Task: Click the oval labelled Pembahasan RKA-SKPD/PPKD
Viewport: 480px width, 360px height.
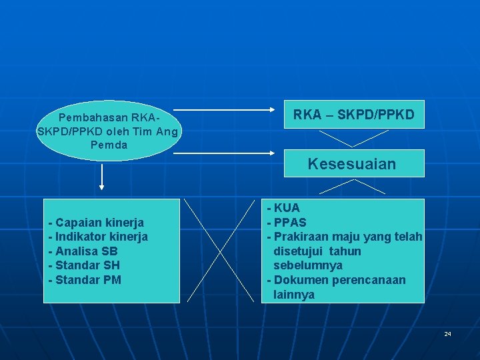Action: click(x=107, y=131)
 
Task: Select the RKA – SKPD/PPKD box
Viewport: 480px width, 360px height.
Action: click(x=353, y=115)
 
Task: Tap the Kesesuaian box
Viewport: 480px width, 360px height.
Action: click(x=353, y=163)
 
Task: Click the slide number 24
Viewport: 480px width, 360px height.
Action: click(x=448, y=333)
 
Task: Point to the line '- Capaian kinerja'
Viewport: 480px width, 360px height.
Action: click(x=96, y=222)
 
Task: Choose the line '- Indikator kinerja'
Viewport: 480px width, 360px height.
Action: click(x=98, y=237)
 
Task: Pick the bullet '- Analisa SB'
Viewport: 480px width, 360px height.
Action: click(x=83, y=251)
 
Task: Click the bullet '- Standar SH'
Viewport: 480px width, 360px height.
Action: click(x=84, y=265)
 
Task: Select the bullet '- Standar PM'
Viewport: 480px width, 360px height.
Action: click(x=85, y=280)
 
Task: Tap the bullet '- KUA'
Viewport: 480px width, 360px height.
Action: click(x=283, y=208)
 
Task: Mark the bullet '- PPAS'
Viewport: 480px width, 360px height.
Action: click(x=287, y=222)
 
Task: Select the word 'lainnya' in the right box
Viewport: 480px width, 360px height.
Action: click(x=294, y=295)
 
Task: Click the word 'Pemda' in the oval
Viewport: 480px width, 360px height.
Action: click(x=107, y=145)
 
